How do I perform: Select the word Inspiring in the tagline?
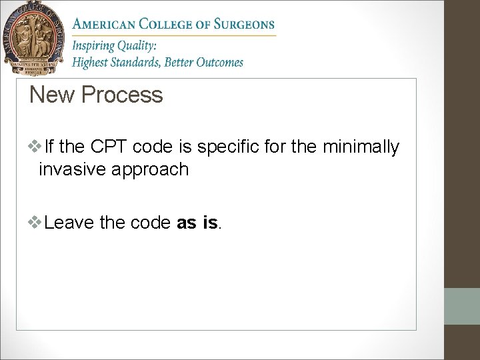pyautogui.click(x=93, y=47)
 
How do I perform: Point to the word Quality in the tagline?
pyautogui.click(x=136, y=47)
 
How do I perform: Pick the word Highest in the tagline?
pyautogui.click(x=92, y=63)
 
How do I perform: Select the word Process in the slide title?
pyautogui.click(x=122, y=95)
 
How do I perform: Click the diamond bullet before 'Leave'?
pyautogui.click(x=35, y=221)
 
